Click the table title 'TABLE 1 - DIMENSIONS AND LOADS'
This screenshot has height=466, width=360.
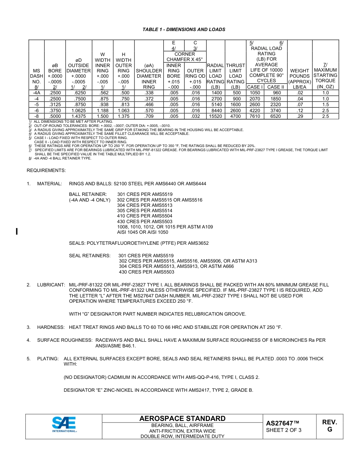pos(184,30)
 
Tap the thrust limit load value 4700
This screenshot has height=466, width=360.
pos(235,116)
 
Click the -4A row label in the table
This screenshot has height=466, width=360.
pos(36,93)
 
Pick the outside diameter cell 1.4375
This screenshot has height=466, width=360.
pos(78,116)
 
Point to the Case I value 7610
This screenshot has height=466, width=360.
pos(255,116)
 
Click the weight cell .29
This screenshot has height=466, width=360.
pos(300,116)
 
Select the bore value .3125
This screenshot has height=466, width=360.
pos(55,105)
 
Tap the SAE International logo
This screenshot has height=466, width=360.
pos(64,424)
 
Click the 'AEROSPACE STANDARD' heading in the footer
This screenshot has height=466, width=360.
pos(182,419)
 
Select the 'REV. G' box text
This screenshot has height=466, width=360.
pos(329,426)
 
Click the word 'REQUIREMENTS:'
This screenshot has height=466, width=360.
pos(46,170)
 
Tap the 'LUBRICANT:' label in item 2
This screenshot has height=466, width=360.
pos(51,285)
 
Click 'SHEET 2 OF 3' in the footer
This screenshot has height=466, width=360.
pos(283,430)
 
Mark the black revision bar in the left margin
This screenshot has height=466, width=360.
pos(17,231)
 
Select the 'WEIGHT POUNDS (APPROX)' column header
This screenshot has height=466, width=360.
pos(300,76)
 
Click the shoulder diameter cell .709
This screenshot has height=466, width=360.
pos(149,116)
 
